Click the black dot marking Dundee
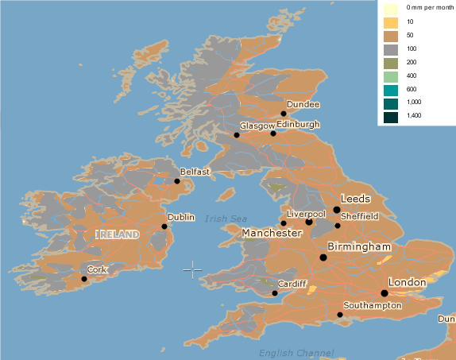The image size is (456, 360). pyautogui.click(x=284, y=114)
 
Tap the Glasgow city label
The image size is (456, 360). pyautogui.click(x=257, y=126)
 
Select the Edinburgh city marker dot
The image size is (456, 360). pyautogui.click(x=273, y=134)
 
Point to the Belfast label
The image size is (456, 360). pyautogui.click(x=195, y=171)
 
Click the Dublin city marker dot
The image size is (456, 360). pyautogui.click(x=164, y=226)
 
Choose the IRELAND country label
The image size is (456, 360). pyautogui.click(x=118, y=234)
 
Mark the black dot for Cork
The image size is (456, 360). pyautogui.click(x=84, y=279)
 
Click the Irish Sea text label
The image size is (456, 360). pyautogui.click(x=226, y=219)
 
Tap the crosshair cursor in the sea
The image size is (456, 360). pyautogui.click(x=192, y=270)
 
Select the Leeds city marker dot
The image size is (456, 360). pyautogui.click(x=337, y=210)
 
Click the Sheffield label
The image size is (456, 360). pyautogui.click(x=359, y=216)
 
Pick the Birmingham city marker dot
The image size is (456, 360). pyautogui.click(x=323, y=257)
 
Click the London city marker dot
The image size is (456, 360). pyautogui.click(x=385, y=292)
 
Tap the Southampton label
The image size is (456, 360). pyautogui.click(x=373, y=305)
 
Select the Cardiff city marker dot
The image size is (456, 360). pyautogui.click(x=275, y=293)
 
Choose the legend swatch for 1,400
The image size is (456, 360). pyautogui.click(x=390, y=118)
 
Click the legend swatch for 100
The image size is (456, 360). pyautogui.click(x=390, y=50)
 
